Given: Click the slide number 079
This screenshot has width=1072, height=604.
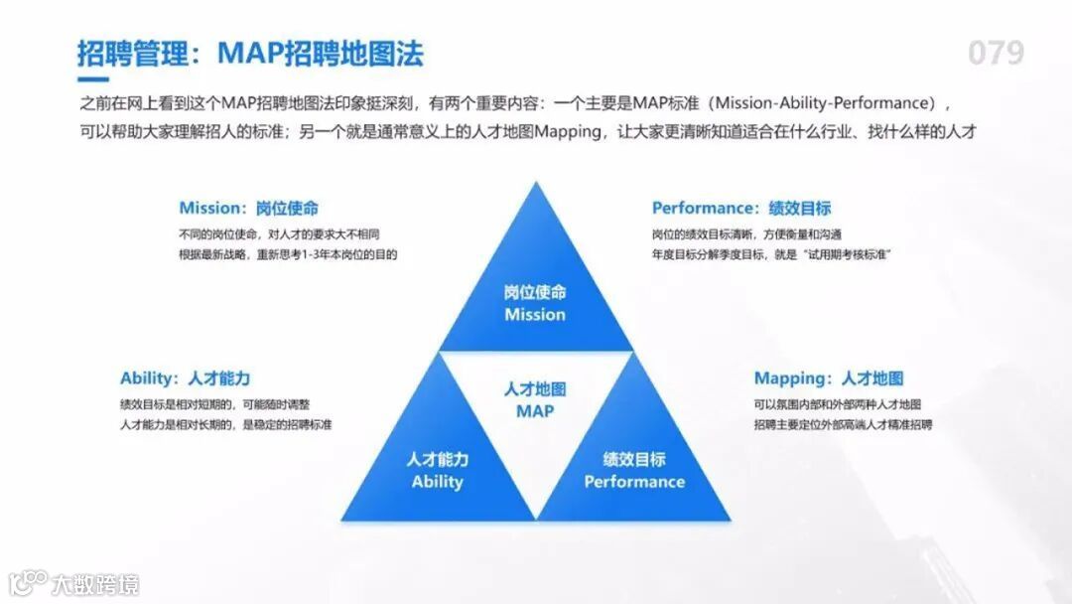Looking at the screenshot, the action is pos(995,52).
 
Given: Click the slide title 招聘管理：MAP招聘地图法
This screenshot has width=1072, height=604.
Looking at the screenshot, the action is pos(251,53).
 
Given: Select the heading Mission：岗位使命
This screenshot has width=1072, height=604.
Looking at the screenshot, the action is pos(249,209).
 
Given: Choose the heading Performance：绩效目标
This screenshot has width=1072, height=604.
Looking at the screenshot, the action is pos(740,209).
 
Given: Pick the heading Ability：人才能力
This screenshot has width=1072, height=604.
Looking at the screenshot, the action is pos(185,378).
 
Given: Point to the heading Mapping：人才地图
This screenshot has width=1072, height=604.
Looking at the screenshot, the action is pos(828,378).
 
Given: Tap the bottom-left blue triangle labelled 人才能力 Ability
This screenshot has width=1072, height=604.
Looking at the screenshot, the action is pos(437,457).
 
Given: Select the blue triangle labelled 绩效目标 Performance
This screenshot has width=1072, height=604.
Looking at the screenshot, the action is pos(634,457).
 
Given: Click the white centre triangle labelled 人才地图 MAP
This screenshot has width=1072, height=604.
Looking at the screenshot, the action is pos(535,407).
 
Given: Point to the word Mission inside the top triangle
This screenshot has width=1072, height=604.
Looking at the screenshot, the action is pos(535,315).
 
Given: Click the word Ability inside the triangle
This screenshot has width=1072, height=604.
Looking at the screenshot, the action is pos(437,482).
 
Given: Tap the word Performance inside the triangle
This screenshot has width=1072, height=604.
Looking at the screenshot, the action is pos(634,482).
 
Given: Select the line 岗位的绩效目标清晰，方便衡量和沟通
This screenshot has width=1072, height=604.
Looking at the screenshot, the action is pos(746,235).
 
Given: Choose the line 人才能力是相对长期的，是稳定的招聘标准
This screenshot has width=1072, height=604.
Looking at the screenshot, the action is pos(225,425).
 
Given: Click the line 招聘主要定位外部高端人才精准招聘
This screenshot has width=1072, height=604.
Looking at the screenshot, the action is pos(843,425).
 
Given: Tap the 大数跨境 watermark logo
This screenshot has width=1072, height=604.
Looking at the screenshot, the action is pos(74,582).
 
